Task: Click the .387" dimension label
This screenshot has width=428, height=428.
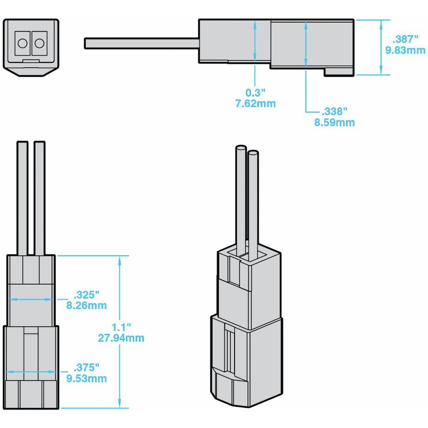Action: (x=405, y=39)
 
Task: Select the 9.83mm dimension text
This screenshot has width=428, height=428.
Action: (x=405, y=50)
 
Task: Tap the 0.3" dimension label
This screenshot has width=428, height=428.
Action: (x=255, y=92)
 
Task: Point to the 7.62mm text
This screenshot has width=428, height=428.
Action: (x=255, y=103)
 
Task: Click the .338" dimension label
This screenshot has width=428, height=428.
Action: (x=334, y=111)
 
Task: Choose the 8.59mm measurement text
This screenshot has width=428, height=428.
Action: (x=334, y=122)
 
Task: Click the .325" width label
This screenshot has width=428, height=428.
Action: (x=87, y=294)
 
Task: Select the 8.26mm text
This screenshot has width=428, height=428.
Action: (x=87, y=305)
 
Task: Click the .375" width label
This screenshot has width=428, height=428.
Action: (x=87, y=368)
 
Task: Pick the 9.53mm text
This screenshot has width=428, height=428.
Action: (x=87, y=379)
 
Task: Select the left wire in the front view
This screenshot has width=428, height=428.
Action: (x=23, y=197)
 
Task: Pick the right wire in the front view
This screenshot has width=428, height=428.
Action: (x=39, y=197)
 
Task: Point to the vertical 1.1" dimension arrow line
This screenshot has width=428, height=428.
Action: (x=119, y=285)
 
